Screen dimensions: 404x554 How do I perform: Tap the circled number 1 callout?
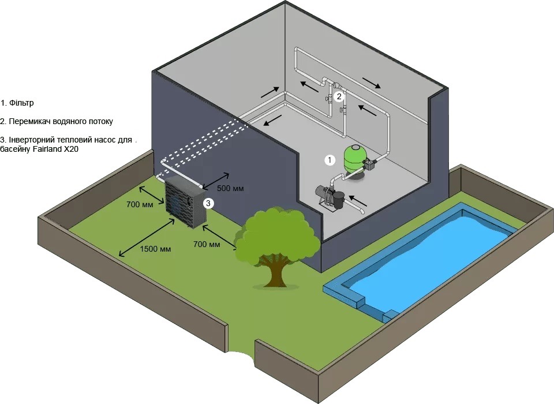(330, 159)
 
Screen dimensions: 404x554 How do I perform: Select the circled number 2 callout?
(339, 96)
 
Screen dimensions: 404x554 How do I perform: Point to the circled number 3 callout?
(209, 203)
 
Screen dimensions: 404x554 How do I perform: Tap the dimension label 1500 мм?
(155, 249)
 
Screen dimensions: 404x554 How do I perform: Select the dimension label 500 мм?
(230, 188)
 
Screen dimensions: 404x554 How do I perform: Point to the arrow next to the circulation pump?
(358, 201)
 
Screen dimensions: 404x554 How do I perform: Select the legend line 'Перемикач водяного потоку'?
(57, 122)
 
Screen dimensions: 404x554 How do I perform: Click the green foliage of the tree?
(277, 237)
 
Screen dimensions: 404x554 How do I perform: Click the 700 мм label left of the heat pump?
(140, 204)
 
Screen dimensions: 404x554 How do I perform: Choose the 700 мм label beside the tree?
(207, 244)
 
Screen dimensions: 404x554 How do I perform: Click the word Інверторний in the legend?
(32, 140)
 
